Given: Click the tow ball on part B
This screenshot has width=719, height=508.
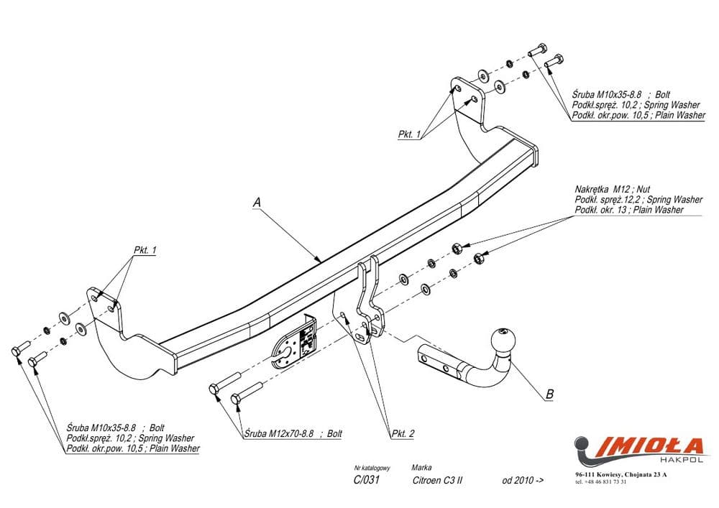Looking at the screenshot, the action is tap(503, 341).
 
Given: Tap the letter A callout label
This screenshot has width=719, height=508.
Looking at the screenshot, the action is tap(257, 203).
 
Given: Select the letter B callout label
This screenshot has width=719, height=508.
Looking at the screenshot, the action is tap(550, 394).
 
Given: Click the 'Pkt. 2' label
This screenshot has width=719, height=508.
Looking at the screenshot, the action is tap(403, 433).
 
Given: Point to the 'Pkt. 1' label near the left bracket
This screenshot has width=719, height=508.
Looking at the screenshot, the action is tap(145, 250).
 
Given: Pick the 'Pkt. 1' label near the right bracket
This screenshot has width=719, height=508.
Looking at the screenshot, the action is tap(409, 134).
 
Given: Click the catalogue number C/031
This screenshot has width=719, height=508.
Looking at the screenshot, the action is tap(367, 480).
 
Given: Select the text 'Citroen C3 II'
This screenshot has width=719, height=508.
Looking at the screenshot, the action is tap(437, 480).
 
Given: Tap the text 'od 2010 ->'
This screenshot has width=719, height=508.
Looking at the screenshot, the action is tap(523, 480).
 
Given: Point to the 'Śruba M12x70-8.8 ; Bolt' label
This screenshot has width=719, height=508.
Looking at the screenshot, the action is tap(293, 433).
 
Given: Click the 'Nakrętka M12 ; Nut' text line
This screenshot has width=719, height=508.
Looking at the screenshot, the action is tap(612, 189).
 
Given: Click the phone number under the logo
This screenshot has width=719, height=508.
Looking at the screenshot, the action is tap(601, 482).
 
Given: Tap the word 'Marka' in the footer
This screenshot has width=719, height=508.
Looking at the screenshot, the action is tap(421, 468).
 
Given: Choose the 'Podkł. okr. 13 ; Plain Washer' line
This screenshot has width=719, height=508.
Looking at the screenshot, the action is tap(628, 210).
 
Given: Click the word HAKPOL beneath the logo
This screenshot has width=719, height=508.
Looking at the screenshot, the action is tap(685, 459).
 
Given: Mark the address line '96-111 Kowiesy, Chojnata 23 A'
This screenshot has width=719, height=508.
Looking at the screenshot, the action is tap(621, 474).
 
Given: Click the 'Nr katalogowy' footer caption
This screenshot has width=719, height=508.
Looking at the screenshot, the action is tap(372, 468).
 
